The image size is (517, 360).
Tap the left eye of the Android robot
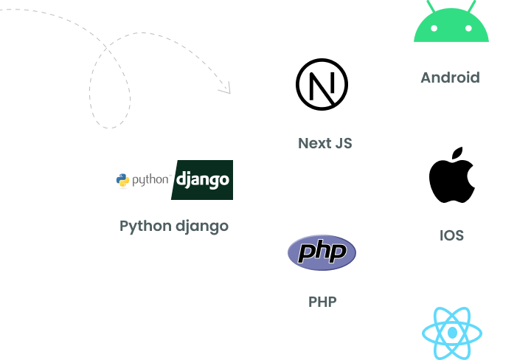pyautogui.click(x=434, y=28)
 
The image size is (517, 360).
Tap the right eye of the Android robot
pyautogui.click(x=469, y=28)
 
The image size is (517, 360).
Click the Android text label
pyautogui.click(x=450, y=77)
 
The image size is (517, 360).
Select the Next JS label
pyautogui.click(x=325, y=143)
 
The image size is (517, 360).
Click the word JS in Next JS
pyautogui.click(x=344, y=143)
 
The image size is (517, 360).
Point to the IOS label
pyautogui.click(x=451, y=236)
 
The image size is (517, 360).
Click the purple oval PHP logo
pyautogui.click(x=322, y=253)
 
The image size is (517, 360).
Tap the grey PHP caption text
pyautogui.click(x=322, y=302)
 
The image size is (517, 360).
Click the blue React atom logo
pyautogui.click(x=452, y=333)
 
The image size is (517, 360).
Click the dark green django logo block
pyautogui.click(x=203, y=180)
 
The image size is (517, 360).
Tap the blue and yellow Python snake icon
pyautogui.click(x=123, y=180)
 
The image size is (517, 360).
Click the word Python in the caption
pyautogui.click(x=145, y=226)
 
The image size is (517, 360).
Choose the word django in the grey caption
pyautogui.click(x=201, y=226)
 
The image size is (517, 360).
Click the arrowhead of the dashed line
pyautogui.click(x=227, y=89)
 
